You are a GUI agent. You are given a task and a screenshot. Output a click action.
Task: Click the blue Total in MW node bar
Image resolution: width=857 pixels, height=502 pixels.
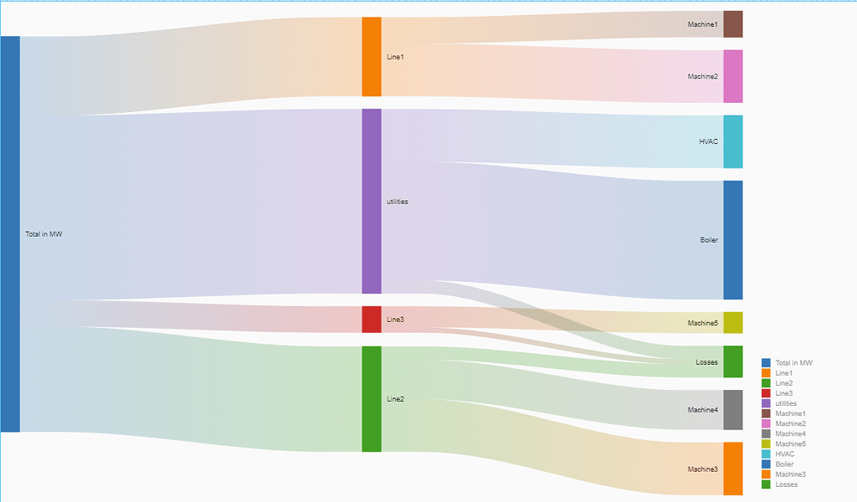pyautogui.click(x=10, y=234)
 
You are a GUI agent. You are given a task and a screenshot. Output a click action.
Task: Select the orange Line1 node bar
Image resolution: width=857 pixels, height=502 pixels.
pyautogui.click(x=372, y=57)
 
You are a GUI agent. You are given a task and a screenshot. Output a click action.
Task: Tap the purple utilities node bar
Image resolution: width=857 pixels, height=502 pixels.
pyautogui.click(x=372, y=201)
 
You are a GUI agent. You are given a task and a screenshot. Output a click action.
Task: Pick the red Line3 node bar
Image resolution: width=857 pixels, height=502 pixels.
pyautogui.click(x=372, y=320)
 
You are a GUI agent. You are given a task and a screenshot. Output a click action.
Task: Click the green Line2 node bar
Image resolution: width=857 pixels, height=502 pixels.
pyautogui.click(x=372, y=399)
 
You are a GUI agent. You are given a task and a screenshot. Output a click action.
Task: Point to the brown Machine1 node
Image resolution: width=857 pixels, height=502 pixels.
pyautogui.click(x=732, y=24)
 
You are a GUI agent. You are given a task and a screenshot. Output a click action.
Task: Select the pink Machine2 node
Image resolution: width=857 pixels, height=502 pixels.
pyautogui.click(x=732, y=76)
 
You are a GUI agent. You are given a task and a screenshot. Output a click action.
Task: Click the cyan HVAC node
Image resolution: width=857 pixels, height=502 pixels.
pyautogui.click(x=732, y=141)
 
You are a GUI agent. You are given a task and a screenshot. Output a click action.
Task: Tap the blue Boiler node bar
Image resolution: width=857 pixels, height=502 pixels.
pyautogui.click(x=732, y=240)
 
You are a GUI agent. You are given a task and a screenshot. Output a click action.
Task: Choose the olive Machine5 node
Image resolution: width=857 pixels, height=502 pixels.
pyautogui.click(x=732, y=322)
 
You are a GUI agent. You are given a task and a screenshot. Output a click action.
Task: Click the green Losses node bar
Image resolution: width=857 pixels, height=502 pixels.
pyautogui.click(x=732, y=361)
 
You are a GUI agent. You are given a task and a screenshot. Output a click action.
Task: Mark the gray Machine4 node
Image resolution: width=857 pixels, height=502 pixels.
pyautogui.click(x=732, y=410)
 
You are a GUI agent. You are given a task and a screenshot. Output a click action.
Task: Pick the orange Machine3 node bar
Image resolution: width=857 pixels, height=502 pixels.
pyautogui.click(x=732, y=469)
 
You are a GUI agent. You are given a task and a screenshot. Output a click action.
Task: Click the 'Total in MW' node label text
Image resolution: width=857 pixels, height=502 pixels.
pyautogui.click(x=44, y=234)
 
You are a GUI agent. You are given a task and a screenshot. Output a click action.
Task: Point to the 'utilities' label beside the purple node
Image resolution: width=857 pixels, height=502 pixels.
pyautogui.click(x=398, y=202)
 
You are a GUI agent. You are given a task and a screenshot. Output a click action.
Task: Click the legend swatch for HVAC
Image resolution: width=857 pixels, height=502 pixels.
pyautogui.click(x=766, y=453)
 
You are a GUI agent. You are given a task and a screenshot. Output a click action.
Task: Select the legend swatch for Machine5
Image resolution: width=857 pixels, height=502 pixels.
pyautogui.click(x=766, y=443)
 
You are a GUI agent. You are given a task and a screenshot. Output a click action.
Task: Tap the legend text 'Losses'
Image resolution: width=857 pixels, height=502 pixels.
pyautogui.click(x=787, y=484)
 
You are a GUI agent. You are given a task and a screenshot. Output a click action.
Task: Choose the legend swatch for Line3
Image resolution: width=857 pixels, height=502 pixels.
pyautogui.click(x=766, y=393)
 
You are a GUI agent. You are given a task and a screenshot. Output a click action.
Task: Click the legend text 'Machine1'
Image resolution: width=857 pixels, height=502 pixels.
pyautogui.click(x=791, y=413)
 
